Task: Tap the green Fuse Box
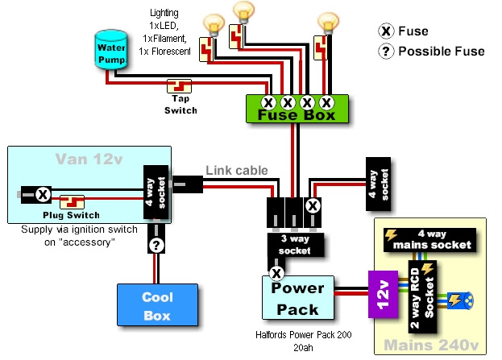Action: pyautogui.click(x=297, y=109)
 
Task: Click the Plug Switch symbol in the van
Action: pyautogui.click(x=74, y=201)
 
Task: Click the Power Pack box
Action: pyautogui.click(x=297, y=298)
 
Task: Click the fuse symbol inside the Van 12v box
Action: pyautogui.click(x=44, y=193)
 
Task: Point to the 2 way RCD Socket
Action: pyautogui.click(x=423, y=295)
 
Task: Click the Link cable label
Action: pyautogui.click(x=236, y=170)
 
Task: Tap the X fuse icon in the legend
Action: pyautogui.click(x=386, y=31)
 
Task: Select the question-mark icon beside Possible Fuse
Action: pyautogui.click(x=386, y=51)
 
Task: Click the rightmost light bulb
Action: pyautogui.click(x=327, y=21)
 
